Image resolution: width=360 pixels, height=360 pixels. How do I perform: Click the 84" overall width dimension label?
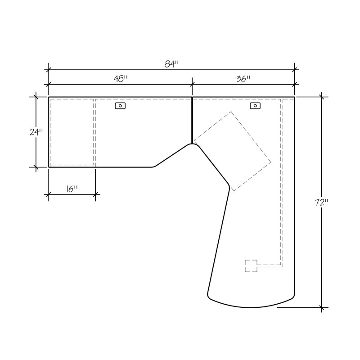(171, 64)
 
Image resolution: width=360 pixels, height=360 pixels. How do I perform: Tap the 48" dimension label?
(121, 79)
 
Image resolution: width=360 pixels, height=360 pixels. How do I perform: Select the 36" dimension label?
(243, 79)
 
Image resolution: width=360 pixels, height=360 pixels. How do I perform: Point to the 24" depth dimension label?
(36, 132)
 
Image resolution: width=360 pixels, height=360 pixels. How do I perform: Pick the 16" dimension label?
(72, 189)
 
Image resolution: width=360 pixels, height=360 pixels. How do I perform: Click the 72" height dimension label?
(322, 202)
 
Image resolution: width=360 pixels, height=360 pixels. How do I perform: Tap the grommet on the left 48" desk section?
(120, 106)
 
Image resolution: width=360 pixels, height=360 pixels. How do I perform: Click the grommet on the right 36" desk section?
(255, 106)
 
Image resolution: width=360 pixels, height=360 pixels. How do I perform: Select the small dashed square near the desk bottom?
(251, 266)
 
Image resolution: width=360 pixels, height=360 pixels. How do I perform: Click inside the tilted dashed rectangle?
(232, 151)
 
